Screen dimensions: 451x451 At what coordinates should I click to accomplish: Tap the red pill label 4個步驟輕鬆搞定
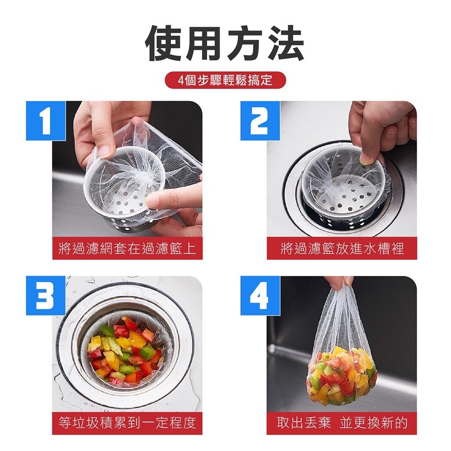(225, 80)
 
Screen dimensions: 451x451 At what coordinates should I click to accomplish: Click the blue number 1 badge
(46, 120)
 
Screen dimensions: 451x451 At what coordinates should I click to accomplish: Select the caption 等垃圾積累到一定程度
(127, 423)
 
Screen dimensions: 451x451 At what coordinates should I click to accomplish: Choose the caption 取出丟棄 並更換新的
(341, 423)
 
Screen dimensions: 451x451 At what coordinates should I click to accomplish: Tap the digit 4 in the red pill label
(181, 81)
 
